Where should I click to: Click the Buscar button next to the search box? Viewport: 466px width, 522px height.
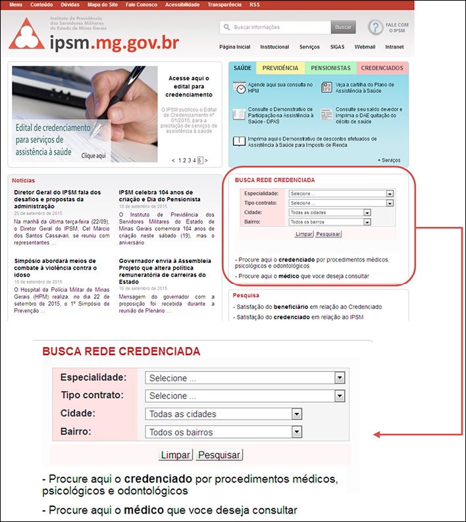coord(343,27)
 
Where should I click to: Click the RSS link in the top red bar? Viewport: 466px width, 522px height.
coord(255,5)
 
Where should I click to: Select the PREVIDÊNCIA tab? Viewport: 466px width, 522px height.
coord(280,68)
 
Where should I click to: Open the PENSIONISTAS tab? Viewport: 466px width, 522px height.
coord(330,68)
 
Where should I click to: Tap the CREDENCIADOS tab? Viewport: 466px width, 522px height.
coord(382,68)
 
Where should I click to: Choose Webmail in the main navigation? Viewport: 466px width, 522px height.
coord(365,47)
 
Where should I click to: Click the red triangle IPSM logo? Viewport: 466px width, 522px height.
coord(27,34)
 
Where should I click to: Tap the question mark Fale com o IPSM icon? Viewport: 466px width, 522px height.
coord(375,28)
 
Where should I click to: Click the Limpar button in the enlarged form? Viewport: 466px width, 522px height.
coord(176,455)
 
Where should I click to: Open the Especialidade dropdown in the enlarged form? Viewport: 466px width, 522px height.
coord(245,378)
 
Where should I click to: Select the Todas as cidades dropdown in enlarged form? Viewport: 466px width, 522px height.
coord(223,414)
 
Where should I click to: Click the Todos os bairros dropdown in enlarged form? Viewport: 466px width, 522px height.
coord(223,432)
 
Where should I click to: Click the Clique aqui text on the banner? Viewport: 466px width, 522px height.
coord(93,156)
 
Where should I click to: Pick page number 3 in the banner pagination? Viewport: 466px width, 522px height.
coord(189,160)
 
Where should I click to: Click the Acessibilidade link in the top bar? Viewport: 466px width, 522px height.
coord(182,5)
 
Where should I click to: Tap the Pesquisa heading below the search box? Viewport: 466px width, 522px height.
coord(246,296)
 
